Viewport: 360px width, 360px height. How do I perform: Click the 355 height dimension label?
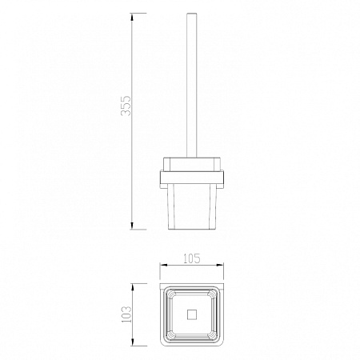(126, 106)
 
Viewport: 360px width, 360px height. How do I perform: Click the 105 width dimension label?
(192, 258)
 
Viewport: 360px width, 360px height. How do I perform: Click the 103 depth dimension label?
(126, 314)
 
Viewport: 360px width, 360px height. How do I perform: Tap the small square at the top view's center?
(192, 314)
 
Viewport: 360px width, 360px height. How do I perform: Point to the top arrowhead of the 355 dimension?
(132, 17)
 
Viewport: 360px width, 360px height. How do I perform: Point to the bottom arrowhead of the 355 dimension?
(132, 225)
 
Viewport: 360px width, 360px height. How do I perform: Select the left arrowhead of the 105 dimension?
(163, 266)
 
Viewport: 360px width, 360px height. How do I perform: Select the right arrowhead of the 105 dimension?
(220, 266)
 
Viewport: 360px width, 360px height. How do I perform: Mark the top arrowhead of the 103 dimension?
(133, 287)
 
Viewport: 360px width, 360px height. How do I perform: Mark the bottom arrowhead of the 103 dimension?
(133, 342)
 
